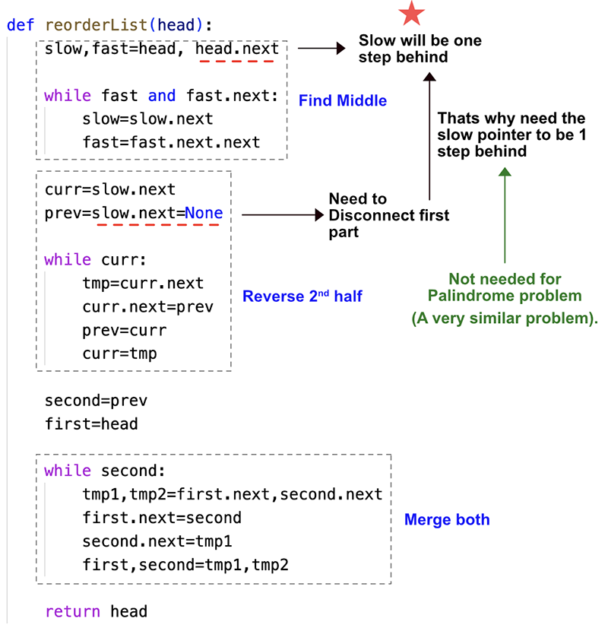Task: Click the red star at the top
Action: (412, 14)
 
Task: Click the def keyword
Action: (21, 24)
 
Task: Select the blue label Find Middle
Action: (343, 100)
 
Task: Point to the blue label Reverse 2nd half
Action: (302, 297)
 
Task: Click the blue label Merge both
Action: (447, 520)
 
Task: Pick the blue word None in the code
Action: (204, 213)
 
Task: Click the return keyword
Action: (73, 611)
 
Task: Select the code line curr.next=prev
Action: (148, 307)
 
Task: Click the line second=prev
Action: (96, 401)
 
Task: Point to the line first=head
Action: (91, 423)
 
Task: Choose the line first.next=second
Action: (162, 518)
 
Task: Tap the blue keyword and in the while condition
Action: (162, 96)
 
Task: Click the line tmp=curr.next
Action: (143, 284)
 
